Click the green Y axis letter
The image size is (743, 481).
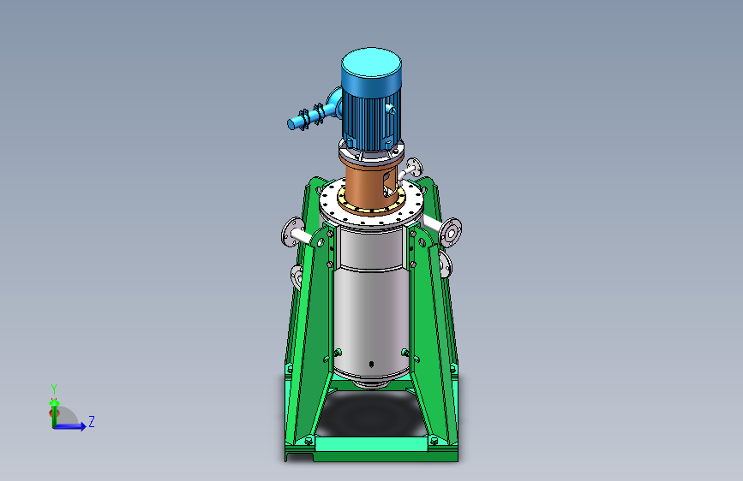pyautogui.click(x=54, y=389)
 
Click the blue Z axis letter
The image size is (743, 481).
pyautogui.click(x=92, y=421)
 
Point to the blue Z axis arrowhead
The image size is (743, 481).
pyautogui.click(x=83, y=426)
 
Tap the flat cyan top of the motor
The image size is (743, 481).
pyautogui.click(x=372, y=62)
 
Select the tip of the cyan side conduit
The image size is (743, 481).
pyautogui.click(x=291, y=124)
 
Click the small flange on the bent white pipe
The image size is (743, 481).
pyautogui.click(x=415, y=168)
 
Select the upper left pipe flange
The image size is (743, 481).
pyautogui.click(x=291, y=232)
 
